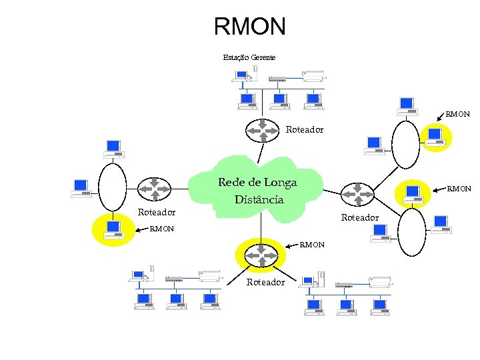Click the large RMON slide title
[x=249, y=27]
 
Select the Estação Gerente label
[x=249, y=58]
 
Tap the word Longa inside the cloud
[x=281, y=183]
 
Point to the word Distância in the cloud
[x=259, y=199]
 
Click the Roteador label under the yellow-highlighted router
[x=265, y=282]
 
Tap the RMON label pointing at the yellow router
[x=312, y=245]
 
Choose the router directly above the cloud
[x=261, y=131]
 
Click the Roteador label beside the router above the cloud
[x=305, y=129]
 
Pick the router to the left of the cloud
[x=155, y=189]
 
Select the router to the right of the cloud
[x=358, y=195]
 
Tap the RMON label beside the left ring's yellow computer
[x=162, y=229]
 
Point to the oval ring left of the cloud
[x=113, y=189]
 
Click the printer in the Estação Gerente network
[x=313, y=76]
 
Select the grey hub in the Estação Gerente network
[x=277, y=79]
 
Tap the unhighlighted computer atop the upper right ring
[x=407, y=105]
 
